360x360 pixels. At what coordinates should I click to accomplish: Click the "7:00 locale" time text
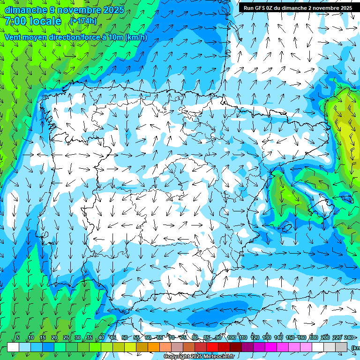pyautogui.click(x=33, y=21)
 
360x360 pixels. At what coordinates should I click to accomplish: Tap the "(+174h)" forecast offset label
pyautogui.click(x=83, y=21)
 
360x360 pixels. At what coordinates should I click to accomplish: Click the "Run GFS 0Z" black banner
pyautogui.click(x=298, y=7)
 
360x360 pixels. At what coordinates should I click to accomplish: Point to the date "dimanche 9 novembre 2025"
pyautogui.click(x=64, y=10)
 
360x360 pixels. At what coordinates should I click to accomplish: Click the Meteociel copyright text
pyautogui.click(x=199, y=357)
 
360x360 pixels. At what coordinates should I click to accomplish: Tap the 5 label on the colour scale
pyautogui.click(x=18, y=337)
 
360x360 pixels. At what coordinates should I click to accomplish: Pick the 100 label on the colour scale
pyautogui.click(x=232, y=337)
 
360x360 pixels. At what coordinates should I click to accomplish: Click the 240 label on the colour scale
pyautogui.click(x=348, y=337)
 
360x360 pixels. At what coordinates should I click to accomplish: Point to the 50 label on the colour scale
pyautogui.click(x=125, y=337)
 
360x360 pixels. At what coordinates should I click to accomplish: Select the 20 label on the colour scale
pyautogui.click(x=54, y=337)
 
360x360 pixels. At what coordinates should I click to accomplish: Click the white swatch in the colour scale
pyautogui.click(x=13, y=347)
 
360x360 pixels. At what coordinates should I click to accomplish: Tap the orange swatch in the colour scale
pyautogui.click(x=154, y=347)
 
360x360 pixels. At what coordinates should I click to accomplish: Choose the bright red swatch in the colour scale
pyautogui.click(x=212, y=347)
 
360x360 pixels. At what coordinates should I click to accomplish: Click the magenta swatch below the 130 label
pyautogui.click(x=271, y=347)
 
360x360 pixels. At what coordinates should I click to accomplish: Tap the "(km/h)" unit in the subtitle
pyautogui.click(x=136, y=37)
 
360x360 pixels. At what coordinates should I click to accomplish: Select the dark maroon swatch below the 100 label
pyautogui.click(x=236, y=347)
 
